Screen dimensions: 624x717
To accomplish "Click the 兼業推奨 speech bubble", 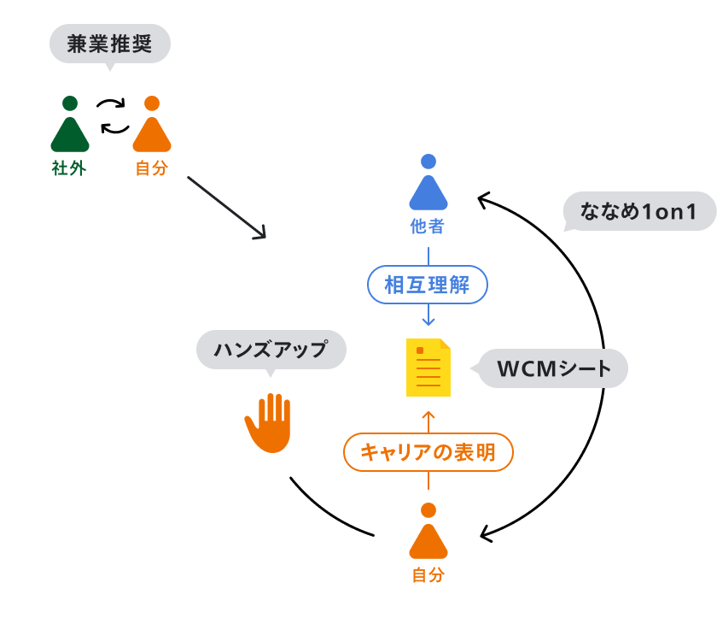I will [x=110, y=44].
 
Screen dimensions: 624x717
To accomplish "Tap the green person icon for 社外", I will [x=70, y=127].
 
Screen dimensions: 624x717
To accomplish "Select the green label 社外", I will [x=69, y=168].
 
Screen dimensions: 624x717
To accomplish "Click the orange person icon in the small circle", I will [x=152, y=127].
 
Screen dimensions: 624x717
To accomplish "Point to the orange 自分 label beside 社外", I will [x=152, y=168].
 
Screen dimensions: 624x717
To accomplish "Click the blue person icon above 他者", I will [x=428, y=185].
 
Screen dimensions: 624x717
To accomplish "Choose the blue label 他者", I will [x=428, y=227].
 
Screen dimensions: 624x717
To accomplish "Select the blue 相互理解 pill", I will [x=428, y=286].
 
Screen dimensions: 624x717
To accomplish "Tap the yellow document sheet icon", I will [x=428, y=368].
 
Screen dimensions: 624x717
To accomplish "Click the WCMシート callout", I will [x=554, y=369].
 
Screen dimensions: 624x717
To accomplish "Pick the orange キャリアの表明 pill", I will [x=428, y=452].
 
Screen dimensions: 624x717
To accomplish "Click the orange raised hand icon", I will [x=268, y=421].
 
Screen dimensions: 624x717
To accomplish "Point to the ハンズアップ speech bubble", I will [x=271, y=350].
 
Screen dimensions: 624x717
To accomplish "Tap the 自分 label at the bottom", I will [x=428, y=575].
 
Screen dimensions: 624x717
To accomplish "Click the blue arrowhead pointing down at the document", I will [x=428, y=321].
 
